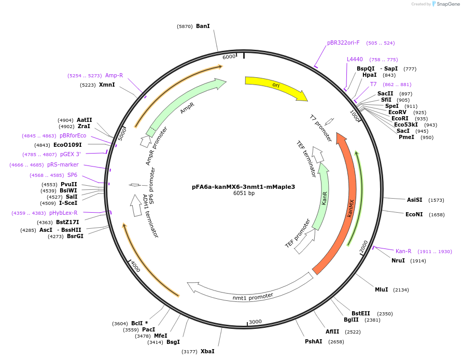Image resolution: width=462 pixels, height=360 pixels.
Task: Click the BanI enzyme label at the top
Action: (203, 26)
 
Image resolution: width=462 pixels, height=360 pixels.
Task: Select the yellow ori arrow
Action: (275, 87)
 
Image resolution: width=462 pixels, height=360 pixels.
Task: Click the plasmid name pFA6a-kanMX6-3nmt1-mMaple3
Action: (243, 187)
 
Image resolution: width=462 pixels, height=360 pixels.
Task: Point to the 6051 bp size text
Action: (244, 193)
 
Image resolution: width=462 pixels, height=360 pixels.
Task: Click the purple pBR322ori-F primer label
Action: (343, 43)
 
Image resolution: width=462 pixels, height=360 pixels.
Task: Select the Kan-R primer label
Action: (403, 251)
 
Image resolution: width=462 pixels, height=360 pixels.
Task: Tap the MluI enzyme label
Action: (381, 289)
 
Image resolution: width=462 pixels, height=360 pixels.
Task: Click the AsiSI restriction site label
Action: (414, 200)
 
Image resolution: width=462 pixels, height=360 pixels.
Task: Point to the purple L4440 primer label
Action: (355, 59)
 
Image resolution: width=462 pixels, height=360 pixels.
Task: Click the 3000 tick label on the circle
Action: (255, 322)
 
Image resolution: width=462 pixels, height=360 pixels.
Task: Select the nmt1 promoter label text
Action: (253, 296)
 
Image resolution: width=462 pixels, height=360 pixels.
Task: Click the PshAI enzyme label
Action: (313, 341)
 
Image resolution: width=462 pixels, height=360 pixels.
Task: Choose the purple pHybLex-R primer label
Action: (63, 213)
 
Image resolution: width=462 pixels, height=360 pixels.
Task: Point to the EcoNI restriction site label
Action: (414, 214)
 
